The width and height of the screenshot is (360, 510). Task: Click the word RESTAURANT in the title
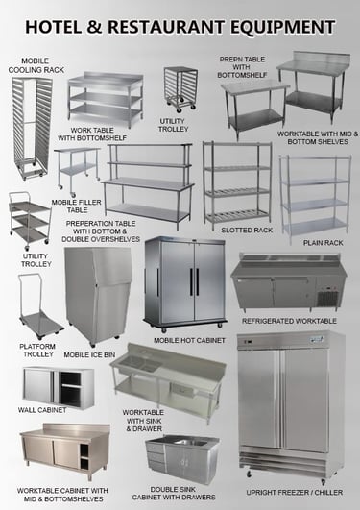tap(165, 27)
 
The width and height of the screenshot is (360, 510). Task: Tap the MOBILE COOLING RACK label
tap(36, 65)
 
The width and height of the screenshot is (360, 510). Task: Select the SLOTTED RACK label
tap(247, 231)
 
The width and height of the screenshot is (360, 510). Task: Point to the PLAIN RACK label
tap(324, 243)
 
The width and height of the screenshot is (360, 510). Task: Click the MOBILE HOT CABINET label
tap(189, 341)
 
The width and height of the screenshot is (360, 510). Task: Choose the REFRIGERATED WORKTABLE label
tap(289, 321)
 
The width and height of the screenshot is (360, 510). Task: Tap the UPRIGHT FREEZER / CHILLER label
tap(295, 493)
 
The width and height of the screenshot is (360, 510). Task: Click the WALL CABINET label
tap(42, 410)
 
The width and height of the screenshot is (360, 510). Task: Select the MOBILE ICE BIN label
tap(89, 354)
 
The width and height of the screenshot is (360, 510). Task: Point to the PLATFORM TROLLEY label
tap(37, 351)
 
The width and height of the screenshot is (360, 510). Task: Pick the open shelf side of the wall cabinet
tap(71, 389)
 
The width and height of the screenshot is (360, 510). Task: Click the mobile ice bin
tap(98, 295)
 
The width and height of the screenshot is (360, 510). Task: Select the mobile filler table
tap(78, 171)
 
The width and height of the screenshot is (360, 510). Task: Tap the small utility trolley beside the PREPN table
tap(180, 87)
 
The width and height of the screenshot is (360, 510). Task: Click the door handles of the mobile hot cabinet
tap(194, 281)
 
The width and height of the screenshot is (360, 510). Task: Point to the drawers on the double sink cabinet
tap(156, 457)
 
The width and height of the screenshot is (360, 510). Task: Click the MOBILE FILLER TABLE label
tap(76, 206)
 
